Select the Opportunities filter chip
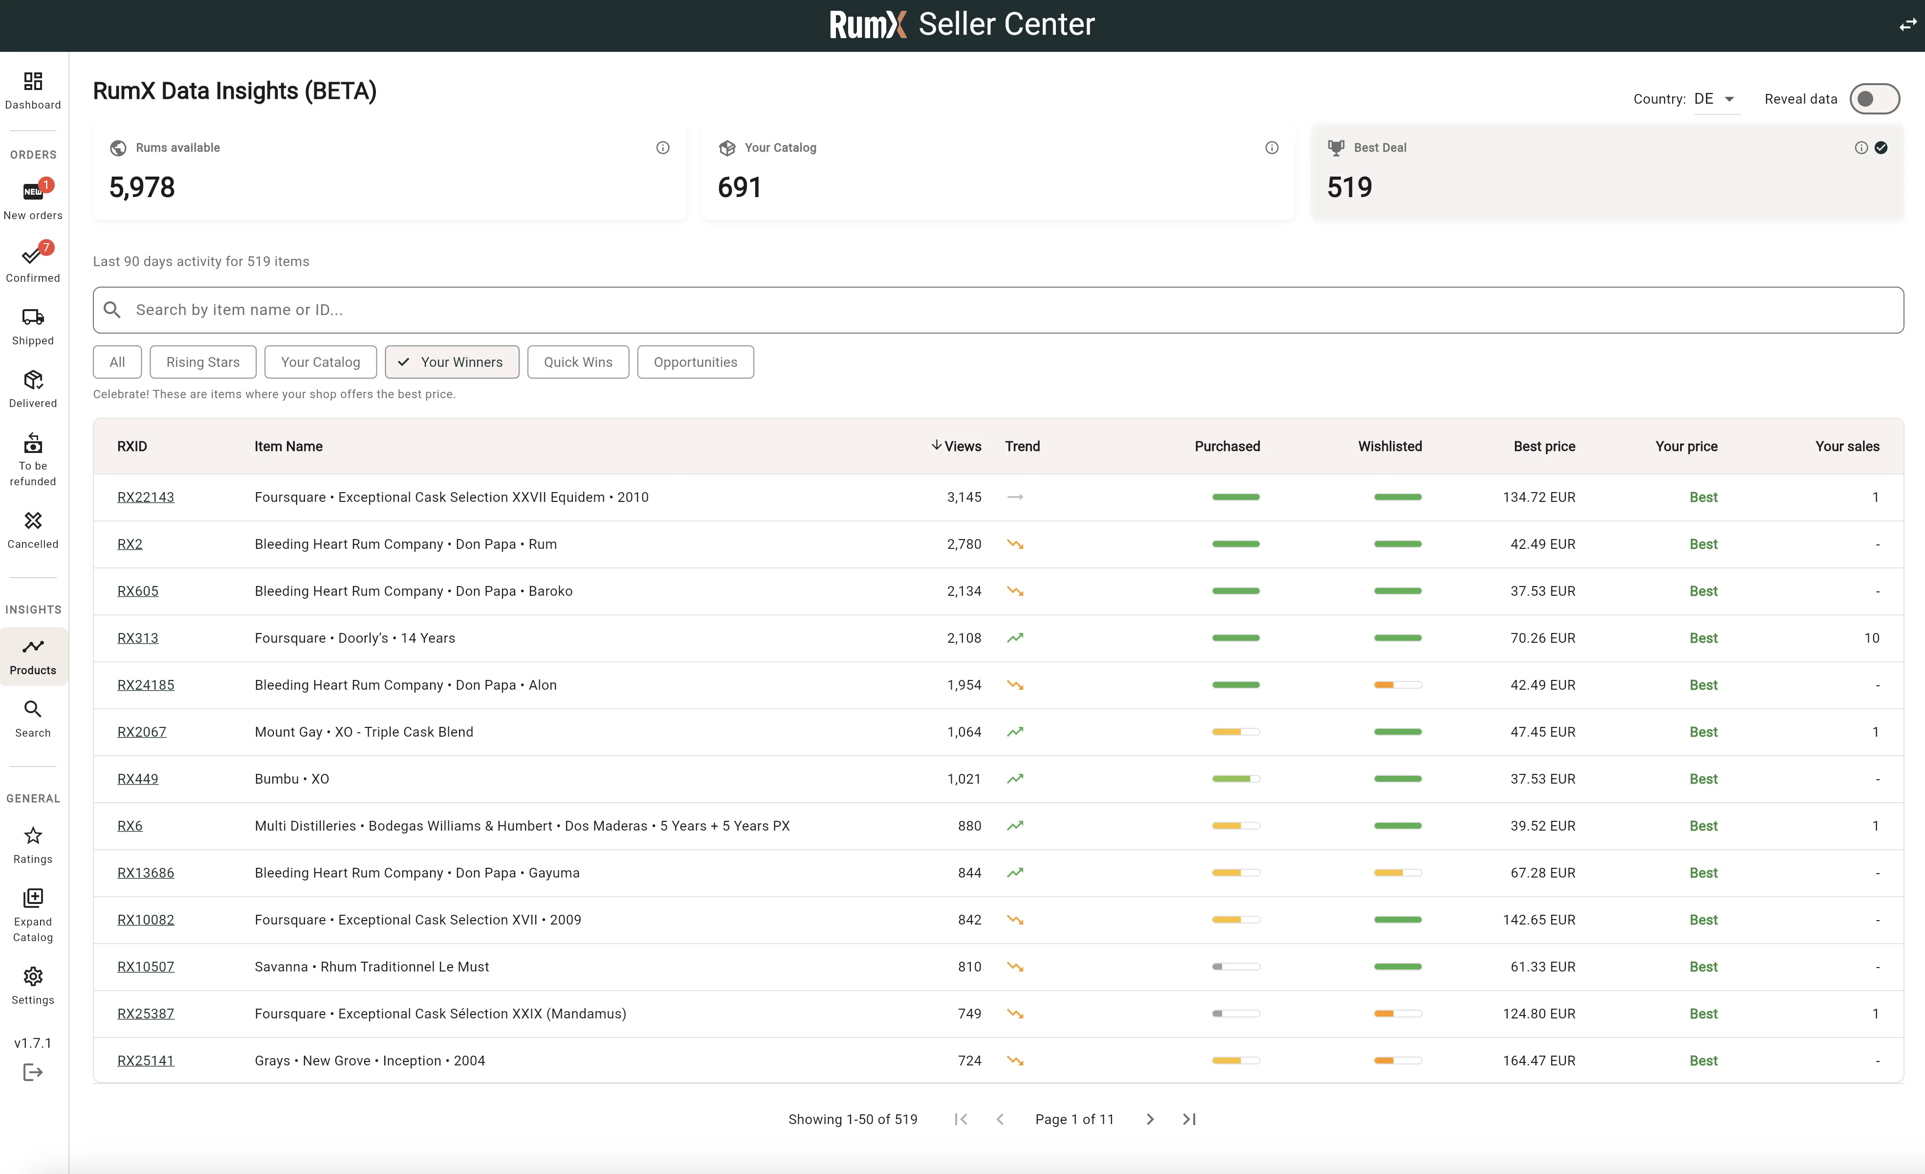point(695,362)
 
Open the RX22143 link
point(145,497)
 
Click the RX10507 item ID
point(145,967)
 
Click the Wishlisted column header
point(1389,446)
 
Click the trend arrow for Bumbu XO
point(1015,778)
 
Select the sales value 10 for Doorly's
point(1871,638)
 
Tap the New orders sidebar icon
point(33,191)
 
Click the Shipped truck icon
point(33,317)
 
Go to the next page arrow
point(1149,1119)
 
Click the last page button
point(1189,1119)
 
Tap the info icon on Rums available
point(662,148)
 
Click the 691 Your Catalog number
point(739,187)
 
